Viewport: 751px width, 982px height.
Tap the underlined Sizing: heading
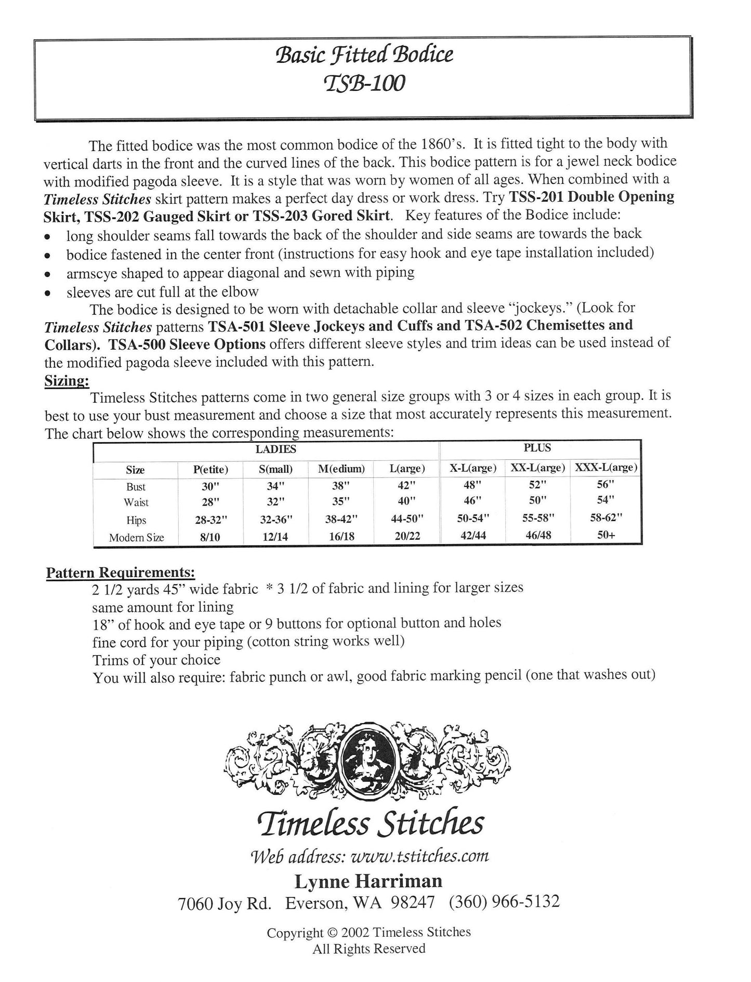tap(66, 380)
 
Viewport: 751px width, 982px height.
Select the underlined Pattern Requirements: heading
tap(121, 573)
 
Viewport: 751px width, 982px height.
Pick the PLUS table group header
tap(537, 448)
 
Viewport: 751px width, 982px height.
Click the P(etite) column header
tap(210, 469)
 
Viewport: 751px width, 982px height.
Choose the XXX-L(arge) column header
tap(605, 468)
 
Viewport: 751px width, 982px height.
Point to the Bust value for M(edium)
tap(341, 486)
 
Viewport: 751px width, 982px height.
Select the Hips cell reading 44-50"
tap(407, 519)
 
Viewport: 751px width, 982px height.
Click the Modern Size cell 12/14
tap(275, 536)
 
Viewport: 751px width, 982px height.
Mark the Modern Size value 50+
tap(605, 534)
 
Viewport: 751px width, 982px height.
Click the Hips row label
tap(136, 520)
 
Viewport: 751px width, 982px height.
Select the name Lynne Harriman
tap(368, 881)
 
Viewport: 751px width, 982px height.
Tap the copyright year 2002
tap(356, 932)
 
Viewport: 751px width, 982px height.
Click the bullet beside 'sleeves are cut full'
tap(47, 293)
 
